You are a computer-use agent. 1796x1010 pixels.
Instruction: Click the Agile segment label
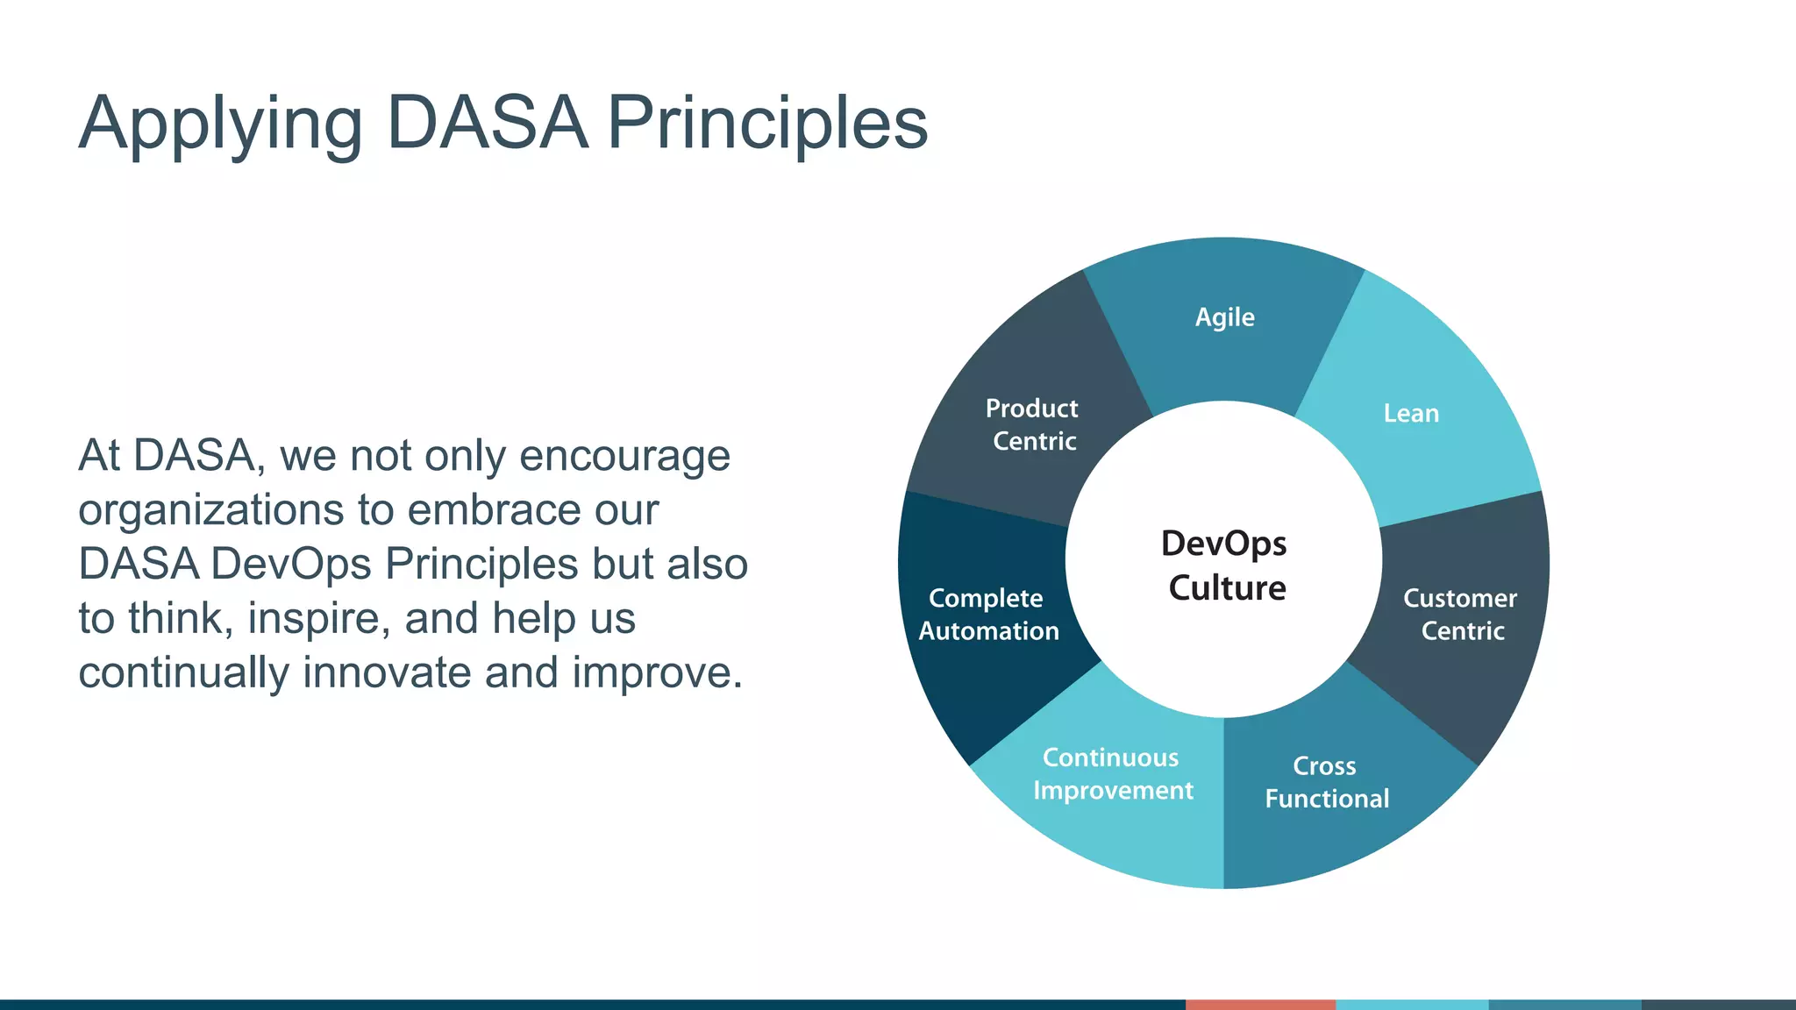[x=1224, y=317]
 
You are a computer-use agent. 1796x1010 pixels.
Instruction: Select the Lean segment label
[x=1411, y=413]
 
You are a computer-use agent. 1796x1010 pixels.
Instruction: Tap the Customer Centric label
[x=1460, y=614]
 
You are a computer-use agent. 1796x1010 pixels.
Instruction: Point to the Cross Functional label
[x=1326, y=782]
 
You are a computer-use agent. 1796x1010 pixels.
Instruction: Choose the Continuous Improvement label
[x=1112, y=773]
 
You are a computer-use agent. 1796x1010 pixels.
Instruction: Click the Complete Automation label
[x=987, y=614]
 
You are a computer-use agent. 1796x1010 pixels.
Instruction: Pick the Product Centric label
[x=1032, y=424]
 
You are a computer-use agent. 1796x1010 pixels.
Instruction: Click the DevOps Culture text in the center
[x=1225, y=565]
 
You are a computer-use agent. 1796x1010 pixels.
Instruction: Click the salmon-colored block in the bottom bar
[x=1260, y=1004]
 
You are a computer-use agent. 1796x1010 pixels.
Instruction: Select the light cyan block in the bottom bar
[x=1412, y=1004]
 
